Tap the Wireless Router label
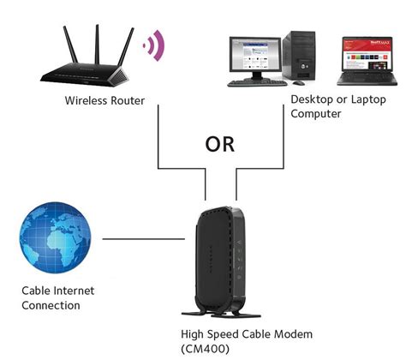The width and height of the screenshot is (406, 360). pos(104,101)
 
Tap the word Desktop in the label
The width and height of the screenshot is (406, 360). pos(313,99)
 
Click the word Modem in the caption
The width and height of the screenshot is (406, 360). pos(292,333)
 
